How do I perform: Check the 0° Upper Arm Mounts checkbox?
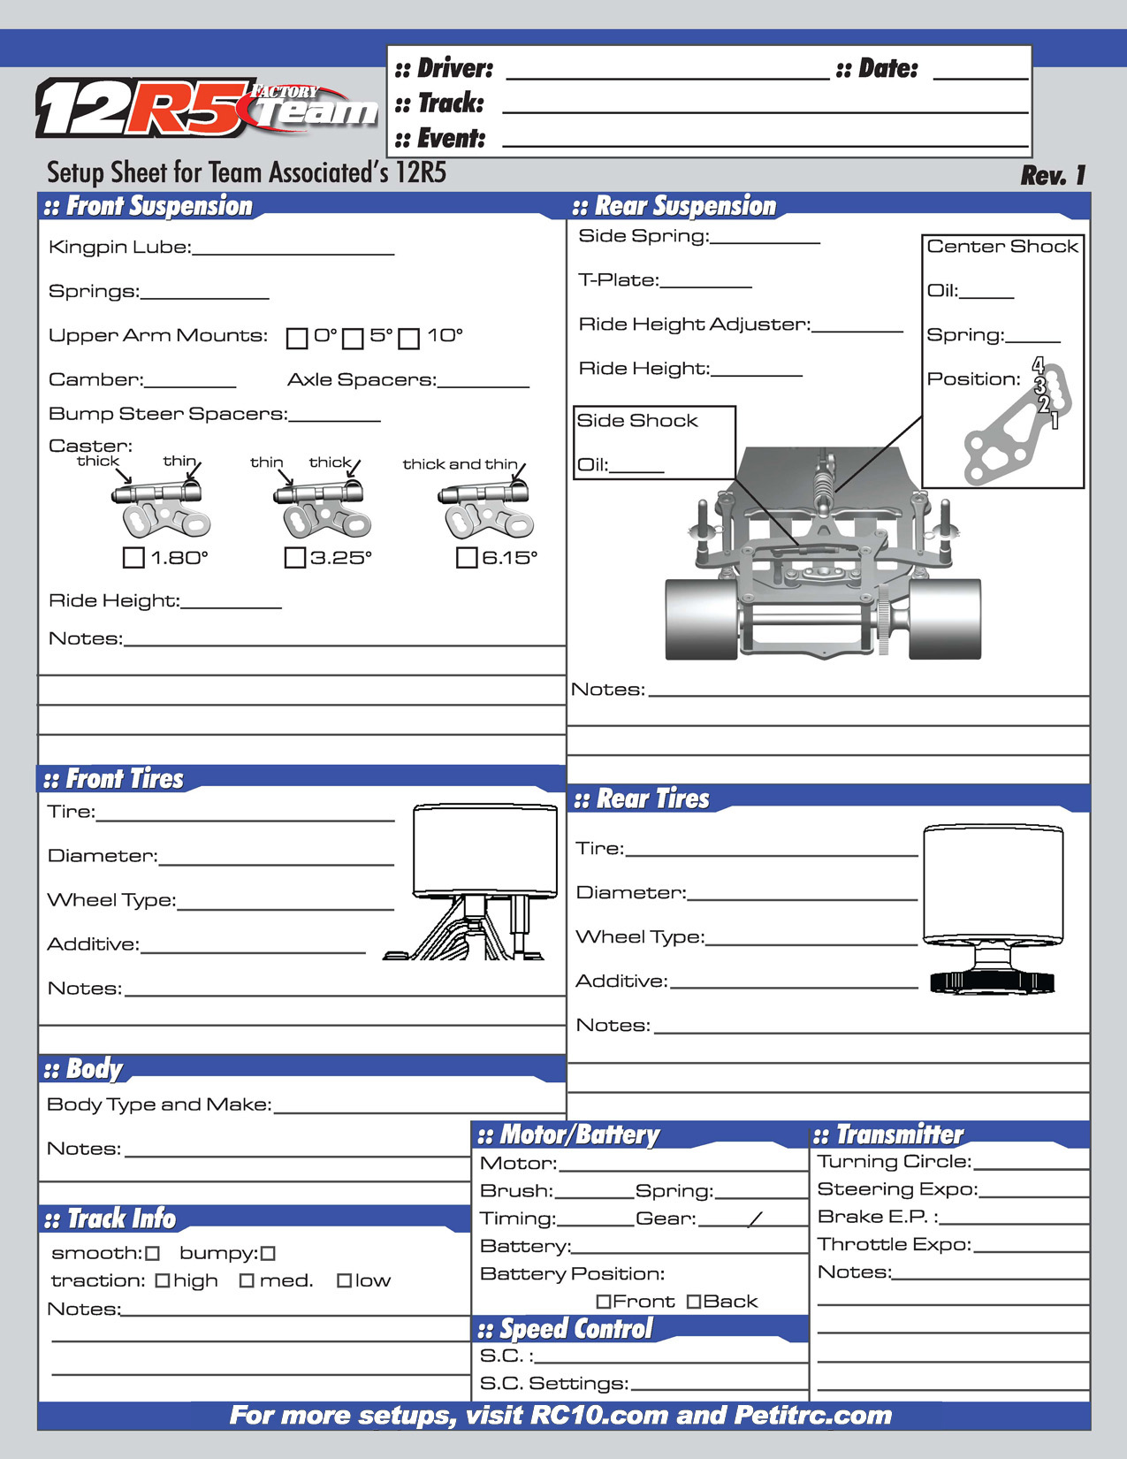point(297,338)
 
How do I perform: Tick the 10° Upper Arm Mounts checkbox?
point(408,338)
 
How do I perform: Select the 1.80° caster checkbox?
point(133,557)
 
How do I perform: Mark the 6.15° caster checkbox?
point(467,557)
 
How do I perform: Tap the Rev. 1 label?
point(1052,175)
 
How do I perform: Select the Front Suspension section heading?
point(159,206)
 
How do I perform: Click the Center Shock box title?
point(1002,247)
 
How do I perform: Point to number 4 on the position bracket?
point(1039,364)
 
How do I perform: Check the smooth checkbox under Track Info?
point(153,1253)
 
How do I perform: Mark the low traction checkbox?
point(344,1280)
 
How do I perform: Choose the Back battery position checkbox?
point(694,1301)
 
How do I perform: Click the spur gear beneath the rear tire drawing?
point(992,981)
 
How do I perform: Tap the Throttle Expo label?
point(894,1244)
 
